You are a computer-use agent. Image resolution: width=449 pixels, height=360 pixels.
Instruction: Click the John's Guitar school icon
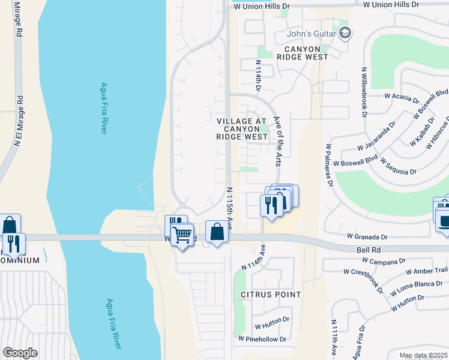[x=345, y=33]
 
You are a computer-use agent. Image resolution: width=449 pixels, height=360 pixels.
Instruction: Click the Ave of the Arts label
[x=279, y=141]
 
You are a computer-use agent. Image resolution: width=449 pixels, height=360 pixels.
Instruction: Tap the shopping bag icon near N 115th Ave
[x=217, y=231]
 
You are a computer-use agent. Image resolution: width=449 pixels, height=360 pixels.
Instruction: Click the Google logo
[x=20, y=352]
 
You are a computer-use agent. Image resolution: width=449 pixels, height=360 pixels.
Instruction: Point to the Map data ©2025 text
[x=423, y=356]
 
